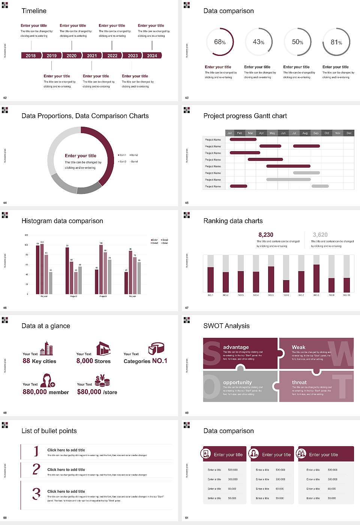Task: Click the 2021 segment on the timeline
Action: click(x=92, y=55)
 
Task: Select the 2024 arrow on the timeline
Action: click(x=152, y=55)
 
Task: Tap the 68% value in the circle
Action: click(x=220, y=42)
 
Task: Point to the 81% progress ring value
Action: click(x=336, y=42)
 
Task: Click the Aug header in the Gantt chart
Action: click(x=305, y=133)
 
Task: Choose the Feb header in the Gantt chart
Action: click(x=240, y=133)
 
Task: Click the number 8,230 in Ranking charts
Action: click(x=266, y=235)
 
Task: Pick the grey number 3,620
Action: click(x=320, y=235)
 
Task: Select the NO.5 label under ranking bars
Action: click(x=271, y=295)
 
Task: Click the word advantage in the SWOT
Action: click(x=236, y=347)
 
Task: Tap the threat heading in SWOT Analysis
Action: click(x=299, y=382)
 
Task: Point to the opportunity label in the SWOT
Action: click(x=237, y=382)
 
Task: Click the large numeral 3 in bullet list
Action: click(x=36, y=494)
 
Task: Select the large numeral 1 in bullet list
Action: click(x=36, y=451)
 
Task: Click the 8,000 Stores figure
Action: click(x=93, y=361)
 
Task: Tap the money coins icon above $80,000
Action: click(x=102, y=381)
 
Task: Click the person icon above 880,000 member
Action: click(x=48, y=380)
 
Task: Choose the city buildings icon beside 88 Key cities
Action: click(x=46, y=348)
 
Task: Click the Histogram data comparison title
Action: click(x=62, y=221)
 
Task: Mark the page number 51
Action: click(x=187, y=518)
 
